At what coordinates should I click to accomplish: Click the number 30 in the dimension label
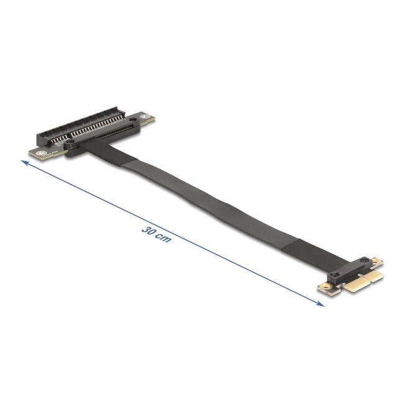pyautogui.click(x=148, y=230)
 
